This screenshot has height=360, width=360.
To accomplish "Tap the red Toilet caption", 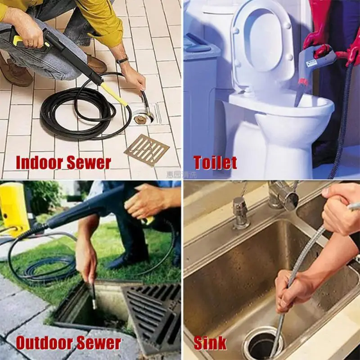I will tap(215, 162).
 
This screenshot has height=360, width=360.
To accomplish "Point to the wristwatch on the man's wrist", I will tap(122, 60).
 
